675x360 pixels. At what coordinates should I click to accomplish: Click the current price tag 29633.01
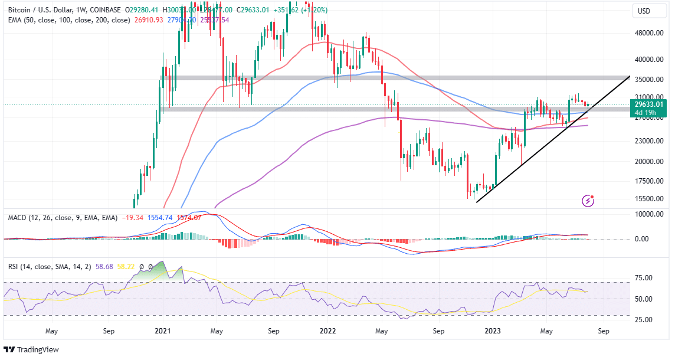(x=652, y=104)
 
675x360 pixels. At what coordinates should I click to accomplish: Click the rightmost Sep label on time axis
(x=603, y=331)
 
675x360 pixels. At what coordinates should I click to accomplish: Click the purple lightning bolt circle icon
(x=588, y=201)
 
